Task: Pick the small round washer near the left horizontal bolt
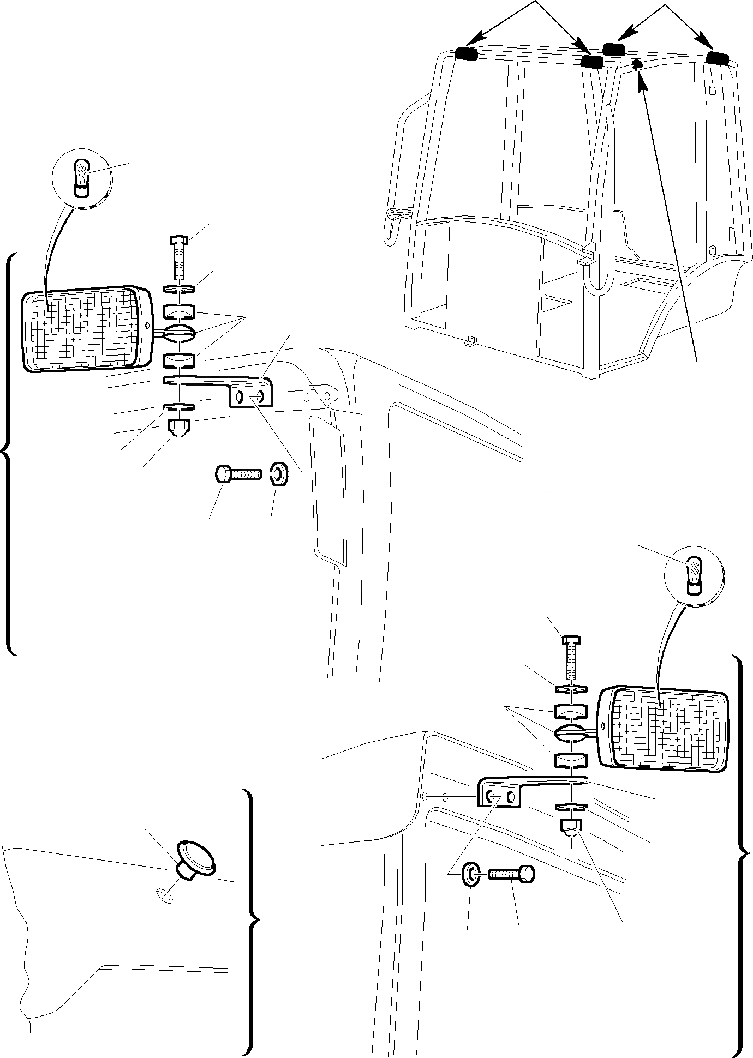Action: (x=279, y=474)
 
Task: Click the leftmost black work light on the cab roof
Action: (x=466, y=54)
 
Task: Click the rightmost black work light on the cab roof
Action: (x=717, y=58)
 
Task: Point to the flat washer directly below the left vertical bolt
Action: (x=179, y=288)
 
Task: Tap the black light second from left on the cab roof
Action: (x=592, y=62)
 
